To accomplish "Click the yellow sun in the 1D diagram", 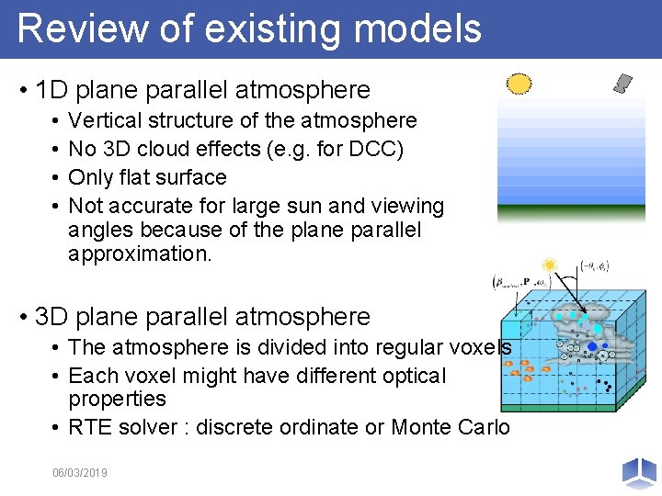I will pos(519,84).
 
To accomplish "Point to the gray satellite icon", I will pos(623,84).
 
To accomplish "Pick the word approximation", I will pos(140,254).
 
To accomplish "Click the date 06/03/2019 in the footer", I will pos(80,472).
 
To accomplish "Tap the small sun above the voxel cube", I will pos(550,265).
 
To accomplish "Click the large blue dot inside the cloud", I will pos(592,347).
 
